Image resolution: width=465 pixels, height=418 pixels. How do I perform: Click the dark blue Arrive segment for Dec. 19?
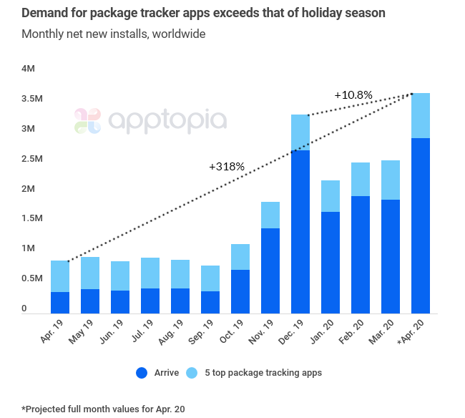pos(301,231)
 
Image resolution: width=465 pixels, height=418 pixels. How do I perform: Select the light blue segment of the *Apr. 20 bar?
pos(421,115)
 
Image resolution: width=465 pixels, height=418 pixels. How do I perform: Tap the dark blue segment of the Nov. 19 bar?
pos(271,271)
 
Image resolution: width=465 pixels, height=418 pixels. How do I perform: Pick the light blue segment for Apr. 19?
pos(60,276)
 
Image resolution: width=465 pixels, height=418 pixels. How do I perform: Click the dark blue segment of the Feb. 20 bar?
pos(361,254)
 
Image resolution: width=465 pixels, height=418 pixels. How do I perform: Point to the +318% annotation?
pos(227,166)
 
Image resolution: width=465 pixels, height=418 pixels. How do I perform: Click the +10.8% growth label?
pos(353,94)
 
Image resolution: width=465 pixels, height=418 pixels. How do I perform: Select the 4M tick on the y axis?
pos(29,69)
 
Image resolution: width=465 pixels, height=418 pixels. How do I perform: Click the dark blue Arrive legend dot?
pos(142,373)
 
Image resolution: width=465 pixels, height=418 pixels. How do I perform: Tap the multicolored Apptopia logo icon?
pos(88,121)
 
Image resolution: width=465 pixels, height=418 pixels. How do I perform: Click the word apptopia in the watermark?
pos(167,121)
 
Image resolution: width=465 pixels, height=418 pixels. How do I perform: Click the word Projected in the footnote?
pos(49,409)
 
